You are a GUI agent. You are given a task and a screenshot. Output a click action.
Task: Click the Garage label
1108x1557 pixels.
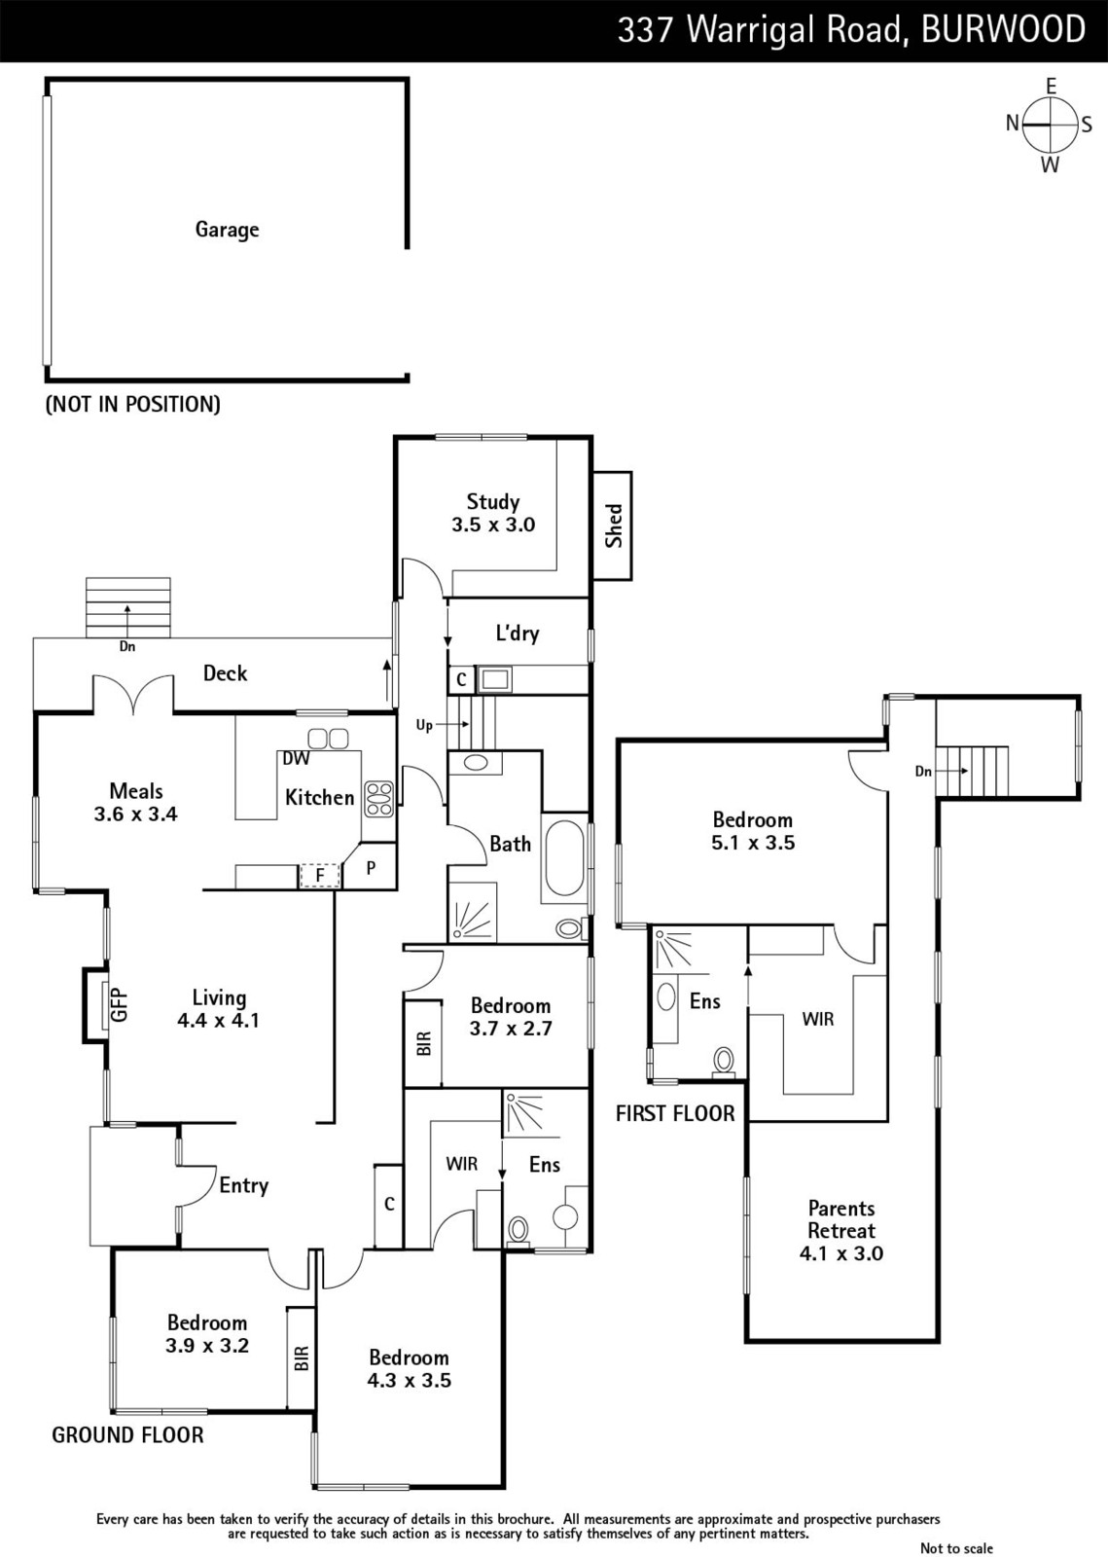[x=227, y=230]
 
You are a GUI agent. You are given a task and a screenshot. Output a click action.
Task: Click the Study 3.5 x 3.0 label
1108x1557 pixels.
[x=493, y=512]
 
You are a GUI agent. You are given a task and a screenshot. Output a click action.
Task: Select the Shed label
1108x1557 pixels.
[x=614, y=526]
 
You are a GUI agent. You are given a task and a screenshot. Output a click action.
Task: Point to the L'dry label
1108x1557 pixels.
[x=518, y=633]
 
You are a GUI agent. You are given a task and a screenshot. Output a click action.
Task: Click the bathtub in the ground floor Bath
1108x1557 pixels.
[x=564, y=857]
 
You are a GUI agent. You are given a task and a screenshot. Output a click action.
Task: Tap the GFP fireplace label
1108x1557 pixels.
[x=121, y=1005]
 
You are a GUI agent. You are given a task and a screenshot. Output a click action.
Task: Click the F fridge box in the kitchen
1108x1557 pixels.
[x=319, y=876]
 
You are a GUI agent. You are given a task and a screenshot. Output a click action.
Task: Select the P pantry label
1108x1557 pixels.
[x=371, y=867]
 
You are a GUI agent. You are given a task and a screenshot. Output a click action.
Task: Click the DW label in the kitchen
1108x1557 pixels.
[x=296, y=758]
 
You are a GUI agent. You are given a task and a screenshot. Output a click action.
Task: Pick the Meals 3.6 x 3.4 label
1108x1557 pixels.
[x=136, y=802]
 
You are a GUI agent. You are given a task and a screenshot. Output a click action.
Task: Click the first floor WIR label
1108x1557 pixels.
[x=818, y=1019]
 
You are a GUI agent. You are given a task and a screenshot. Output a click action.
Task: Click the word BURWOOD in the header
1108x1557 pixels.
[x=1003, y=30]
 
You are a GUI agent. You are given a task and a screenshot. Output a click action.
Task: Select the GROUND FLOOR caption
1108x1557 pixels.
[x=127, y=1434]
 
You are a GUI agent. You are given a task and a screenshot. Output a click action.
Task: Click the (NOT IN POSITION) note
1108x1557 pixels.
[x=132, y=404]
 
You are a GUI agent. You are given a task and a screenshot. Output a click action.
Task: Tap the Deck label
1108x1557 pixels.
[x=225, y=672]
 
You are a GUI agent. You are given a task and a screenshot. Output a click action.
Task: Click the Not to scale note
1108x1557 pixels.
[x=956, y=1547]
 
